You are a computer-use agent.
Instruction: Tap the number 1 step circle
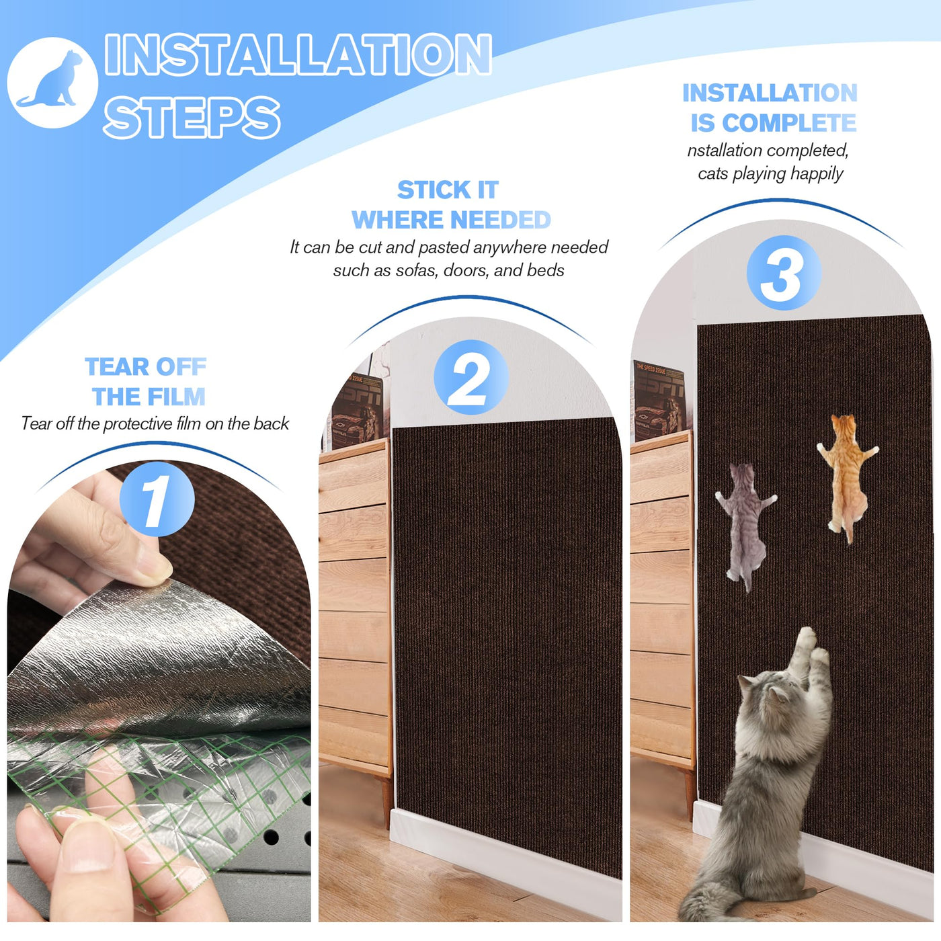(157, 499)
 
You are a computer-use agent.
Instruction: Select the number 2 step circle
(470, 377)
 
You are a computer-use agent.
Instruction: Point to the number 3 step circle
(784, 272)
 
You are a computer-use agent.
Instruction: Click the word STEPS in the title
(192, 117)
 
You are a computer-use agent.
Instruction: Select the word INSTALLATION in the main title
(298, 54)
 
